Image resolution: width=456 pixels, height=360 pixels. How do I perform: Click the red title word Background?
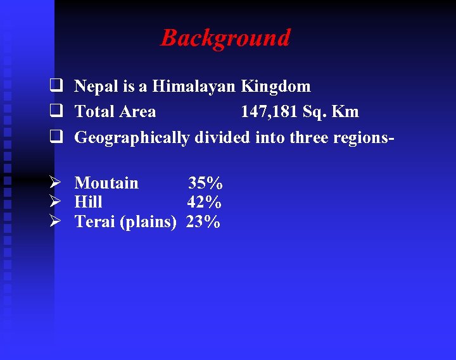point(225,38)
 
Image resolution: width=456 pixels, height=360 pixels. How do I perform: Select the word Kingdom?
point(275,86)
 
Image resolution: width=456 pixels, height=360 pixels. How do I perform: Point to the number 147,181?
point(269,112)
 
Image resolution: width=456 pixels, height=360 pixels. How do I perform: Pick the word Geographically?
point(132,137)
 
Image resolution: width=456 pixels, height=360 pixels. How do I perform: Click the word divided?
point(222,137)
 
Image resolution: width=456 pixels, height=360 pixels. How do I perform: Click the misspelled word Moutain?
point(106,183)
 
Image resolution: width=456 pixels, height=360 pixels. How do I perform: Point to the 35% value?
point(205,183)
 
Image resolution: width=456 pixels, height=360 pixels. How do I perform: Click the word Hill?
point(88,202)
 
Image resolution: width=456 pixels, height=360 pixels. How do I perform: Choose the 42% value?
point(204,202)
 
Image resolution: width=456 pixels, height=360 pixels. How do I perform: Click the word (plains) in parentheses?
point(148,223)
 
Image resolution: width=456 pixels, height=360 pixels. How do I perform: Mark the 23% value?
point(203,222)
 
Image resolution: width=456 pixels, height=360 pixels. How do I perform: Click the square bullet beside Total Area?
point(56,112)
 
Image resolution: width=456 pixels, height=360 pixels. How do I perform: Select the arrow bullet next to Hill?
point(56,202)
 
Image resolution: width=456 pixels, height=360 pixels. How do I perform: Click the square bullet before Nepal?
point(56,86)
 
